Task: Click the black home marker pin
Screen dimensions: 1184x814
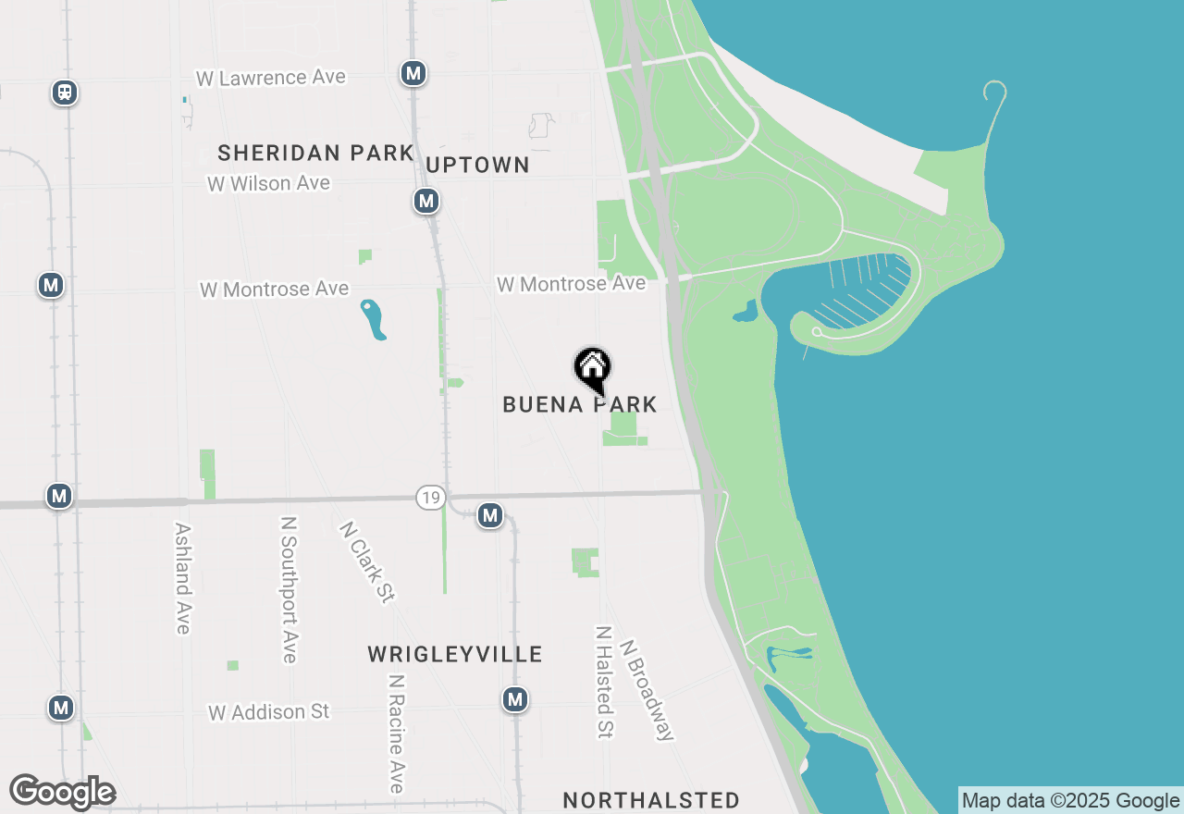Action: pyautogui.click(x=592, y=368)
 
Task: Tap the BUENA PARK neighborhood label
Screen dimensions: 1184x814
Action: pyautogui.click(x=580, y=404)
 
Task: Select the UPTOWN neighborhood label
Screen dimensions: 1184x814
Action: pyautogui.click(x=477, y=165)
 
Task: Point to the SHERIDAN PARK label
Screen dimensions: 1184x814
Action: pyautogui.click(x=315, y=153)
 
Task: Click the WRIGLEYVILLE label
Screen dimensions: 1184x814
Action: pyautogui.click(x=455, y=655)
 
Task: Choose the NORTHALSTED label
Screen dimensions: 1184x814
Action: pyautogui.click(x=651, y=800)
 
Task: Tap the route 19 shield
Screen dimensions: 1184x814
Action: pyautogui.click(x=429, y=498)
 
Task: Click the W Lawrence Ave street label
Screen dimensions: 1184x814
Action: pyautogui.click(x=271, y=78)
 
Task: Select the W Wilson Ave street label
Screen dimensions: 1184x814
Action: pyautogui.click(x=268, y=183)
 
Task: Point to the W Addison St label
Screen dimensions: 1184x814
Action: pyautogui.click(x=269, y=712)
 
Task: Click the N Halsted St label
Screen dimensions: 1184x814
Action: pyautogui.click(x=604, y=682)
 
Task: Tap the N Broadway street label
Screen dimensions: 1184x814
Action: pyautogui.click(x=647, y=690)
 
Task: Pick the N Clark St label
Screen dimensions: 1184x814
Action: pyautogui.click(x=367, y=561)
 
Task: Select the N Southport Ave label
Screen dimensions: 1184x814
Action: pyautogui.click(x=290, y=589)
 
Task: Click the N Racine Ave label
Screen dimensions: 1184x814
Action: pyautogui.click(x=397, y=733)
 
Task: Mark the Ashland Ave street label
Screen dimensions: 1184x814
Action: pyautogui.click(x=182, y=579)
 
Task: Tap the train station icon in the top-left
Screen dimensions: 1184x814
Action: pyautogui.click(x=64, y=92)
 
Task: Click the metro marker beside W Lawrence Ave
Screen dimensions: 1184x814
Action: pyautogui.click(x=413, y=73)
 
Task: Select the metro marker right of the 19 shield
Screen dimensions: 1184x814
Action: pyautogui.click(x=490, y=515)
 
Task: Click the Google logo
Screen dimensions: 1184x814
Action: pyautogui.click(x=62, y=792)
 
